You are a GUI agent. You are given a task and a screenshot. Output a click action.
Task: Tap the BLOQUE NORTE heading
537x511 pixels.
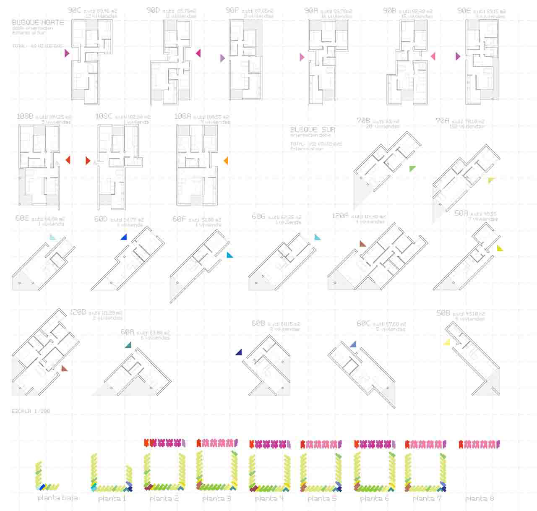coord(38,22)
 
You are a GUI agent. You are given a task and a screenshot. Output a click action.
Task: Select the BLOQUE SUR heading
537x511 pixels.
coord(313,130)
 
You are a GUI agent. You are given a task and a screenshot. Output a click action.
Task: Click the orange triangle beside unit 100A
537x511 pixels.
coord(226,160)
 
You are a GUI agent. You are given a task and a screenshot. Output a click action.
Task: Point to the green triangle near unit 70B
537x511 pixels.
coord(413,168)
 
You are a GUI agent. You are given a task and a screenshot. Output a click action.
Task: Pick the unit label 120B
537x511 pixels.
coord(78,313)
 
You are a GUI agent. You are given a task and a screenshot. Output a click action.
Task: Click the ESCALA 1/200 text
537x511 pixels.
coord(31,411)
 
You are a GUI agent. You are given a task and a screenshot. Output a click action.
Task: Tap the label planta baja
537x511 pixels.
coord(57,498)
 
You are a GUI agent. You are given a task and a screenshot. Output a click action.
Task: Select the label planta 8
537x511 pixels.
coord(479,498)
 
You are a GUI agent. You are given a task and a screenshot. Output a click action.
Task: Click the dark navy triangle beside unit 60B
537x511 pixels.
coord(239,352)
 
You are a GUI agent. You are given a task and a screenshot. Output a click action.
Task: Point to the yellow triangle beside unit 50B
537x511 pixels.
coord(447,342)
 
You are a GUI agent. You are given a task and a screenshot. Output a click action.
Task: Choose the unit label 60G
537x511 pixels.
coord(259,216)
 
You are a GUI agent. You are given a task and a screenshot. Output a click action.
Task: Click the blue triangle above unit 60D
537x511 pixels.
coord(124,237)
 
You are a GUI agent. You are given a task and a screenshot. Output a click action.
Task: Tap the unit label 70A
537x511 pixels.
coord(443,121)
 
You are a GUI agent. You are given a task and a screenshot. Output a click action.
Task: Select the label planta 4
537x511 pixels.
coord(269,498)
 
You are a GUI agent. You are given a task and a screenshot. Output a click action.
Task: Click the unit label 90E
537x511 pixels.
coord(464,11)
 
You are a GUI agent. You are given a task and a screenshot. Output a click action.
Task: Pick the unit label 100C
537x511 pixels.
coord(104,116)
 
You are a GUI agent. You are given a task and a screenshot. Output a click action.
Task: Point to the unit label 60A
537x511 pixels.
coord(127,332)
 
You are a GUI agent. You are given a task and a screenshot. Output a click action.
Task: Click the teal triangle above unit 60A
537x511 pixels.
coord(128,345)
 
